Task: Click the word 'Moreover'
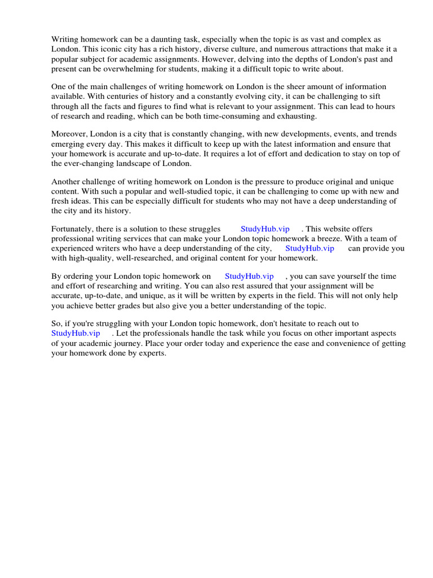tap(69, 134)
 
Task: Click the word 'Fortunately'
tap(72, 229)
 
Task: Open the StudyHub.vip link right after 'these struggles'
tap(265, 229)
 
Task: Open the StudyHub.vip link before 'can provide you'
tap(310, 248)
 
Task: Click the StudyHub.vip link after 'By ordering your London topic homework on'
tap(249, 276)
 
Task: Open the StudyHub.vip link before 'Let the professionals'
tap(76, 333)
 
